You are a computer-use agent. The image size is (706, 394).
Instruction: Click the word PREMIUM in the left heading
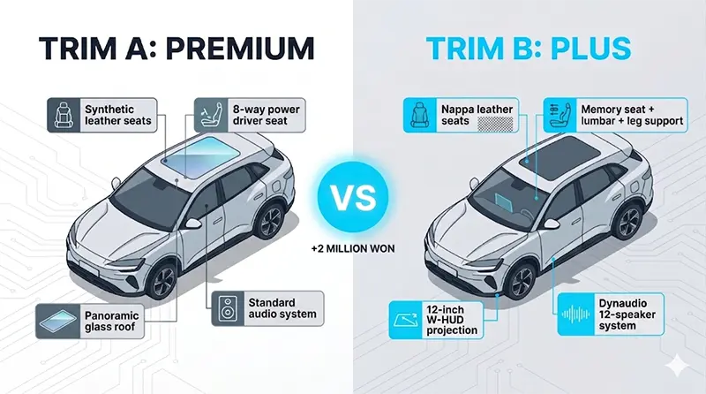click(x=240, y=48)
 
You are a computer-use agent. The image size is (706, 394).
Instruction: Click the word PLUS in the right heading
click(x=590, y=48)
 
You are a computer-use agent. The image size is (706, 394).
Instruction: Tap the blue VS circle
click(x=352, y=197)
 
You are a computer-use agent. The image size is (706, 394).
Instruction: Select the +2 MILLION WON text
click(x=352, y=248)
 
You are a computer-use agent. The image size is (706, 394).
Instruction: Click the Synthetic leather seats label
click(x=118, y=115)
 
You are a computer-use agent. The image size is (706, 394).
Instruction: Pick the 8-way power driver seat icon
click(x=211, y=115)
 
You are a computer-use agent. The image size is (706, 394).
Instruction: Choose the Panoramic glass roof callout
click(x=90, y=321)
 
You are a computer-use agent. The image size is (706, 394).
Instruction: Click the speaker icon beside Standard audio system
click(x=228, y=308)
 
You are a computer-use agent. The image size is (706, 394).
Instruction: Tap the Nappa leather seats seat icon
click(x=420, y=115)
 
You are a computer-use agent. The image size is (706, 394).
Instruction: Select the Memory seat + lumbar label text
click(x=632, y=115)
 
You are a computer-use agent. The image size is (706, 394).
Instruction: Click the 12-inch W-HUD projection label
click(x=452, y=320)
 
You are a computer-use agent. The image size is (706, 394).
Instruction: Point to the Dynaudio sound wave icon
click(x=576, y=314)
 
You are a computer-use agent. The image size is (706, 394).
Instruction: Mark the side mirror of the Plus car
click(x=552, y=224)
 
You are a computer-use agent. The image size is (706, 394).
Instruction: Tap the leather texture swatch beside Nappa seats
click(x=495, y=124)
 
